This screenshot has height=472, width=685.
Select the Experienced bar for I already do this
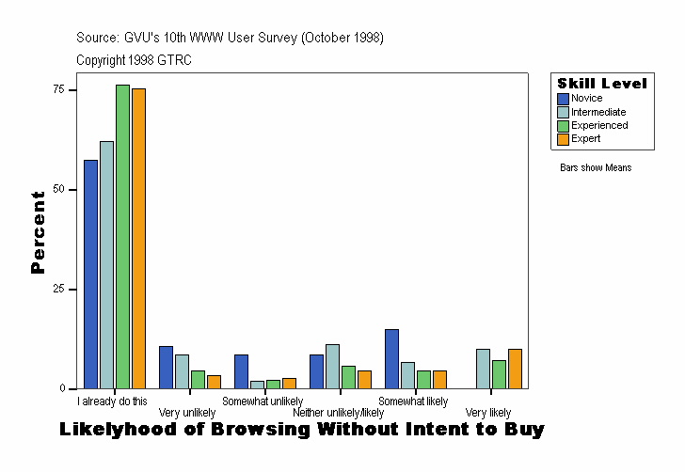click(122, 236)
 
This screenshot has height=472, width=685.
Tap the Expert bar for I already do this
click(138, 238)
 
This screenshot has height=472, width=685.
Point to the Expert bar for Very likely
click(515, 369)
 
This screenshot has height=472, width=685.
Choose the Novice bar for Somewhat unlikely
click(241, 371)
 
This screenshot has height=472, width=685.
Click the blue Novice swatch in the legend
click(563, 99)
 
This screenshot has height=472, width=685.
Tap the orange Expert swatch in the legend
click(563, 139)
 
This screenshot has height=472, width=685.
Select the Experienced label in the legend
click(599, 125)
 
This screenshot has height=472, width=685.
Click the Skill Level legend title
click(601, 84)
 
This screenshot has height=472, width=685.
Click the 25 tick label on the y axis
click(59, 289)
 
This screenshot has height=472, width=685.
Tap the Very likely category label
click(488, 413)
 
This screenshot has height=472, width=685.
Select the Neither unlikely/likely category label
click(338, 413)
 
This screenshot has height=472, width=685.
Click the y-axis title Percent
click(38, 232)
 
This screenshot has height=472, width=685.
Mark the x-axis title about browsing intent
click(301, 431)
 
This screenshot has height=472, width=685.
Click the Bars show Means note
click(596, 168)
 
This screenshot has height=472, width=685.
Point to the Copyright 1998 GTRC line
click(135, 60)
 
